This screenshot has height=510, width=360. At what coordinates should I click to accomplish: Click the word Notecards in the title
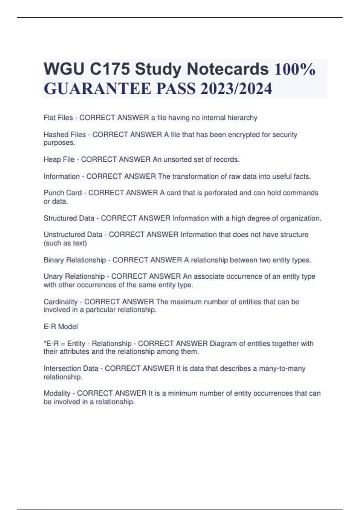[227, 69]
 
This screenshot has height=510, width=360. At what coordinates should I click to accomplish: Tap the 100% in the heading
[295, 69]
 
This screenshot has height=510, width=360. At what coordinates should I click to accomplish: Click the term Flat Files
[58, 118]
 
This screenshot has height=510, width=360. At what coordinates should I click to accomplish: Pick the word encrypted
[244, 134]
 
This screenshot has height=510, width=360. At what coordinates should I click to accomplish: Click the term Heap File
[59, 159]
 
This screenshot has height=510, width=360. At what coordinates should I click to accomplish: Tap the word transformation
[195, 176]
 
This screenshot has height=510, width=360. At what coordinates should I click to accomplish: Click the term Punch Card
[63, 193]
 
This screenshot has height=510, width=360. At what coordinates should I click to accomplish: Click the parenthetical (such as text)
[65, 243]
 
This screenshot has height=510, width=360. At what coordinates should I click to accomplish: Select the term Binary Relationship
[75, 260]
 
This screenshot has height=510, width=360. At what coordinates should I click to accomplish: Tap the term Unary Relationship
[74, 276]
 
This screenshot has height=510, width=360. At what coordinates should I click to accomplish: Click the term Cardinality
[61, 301]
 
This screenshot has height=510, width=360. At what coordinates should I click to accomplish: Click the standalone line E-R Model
[61, 326]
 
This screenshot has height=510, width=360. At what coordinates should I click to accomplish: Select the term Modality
[57, 393]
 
